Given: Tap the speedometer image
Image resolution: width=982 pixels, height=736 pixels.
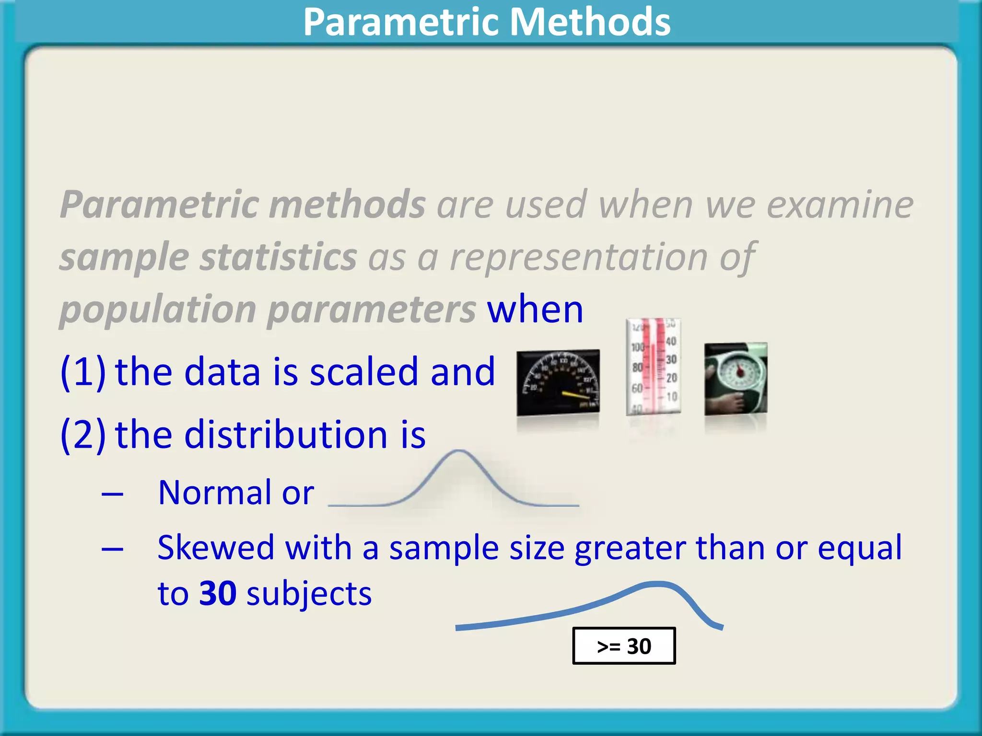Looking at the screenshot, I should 558,382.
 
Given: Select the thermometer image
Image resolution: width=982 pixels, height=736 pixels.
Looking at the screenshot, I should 653,367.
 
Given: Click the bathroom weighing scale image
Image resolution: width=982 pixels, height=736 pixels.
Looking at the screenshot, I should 736,379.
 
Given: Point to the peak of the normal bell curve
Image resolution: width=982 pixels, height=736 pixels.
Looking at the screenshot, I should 459,452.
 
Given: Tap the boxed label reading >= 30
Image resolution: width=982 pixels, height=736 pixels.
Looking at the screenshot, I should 624,646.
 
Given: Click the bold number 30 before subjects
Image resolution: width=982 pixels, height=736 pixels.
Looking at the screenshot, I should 218,593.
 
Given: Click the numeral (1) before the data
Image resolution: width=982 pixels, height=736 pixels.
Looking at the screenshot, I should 83,372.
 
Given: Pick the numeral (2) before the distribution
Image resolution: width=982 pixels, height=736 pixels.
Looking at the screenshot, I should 83,434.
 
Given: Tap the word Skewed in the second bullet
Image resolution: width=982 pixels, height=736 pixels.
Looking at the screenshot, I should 216,547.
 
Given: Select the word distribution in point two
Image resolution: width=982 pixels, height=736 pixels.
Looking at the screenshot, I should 286,434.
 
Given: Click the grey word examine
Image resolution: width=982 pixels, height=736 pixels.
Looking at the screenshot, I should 840,205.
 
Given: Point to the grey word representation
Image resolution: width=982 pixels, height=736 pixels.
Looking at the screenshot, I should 579,258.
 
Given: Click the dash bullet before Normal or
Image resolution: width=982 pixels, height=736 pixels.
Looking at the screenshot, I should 113,494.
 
